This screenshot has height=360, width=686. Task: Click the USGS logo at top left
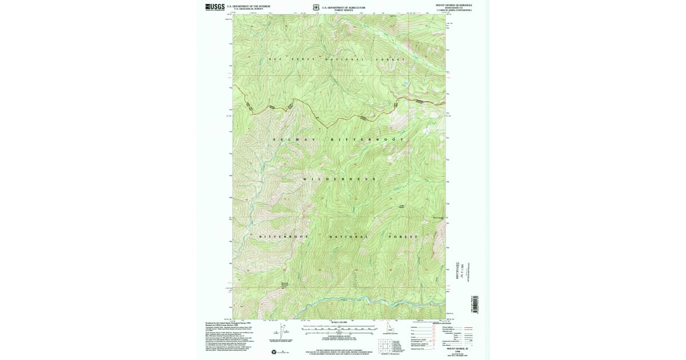click(x=215, y=7)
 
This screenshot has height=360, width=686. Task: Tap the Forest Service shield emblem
click(x=316, y=7)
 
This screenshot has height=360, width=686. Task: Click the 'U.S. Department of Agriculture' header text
click(x=344, y=7)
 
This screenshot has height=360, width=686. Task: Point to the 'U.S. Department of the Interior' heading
click(x=248, y=6)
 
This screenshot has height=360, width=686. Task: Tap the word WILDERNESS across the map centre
click(x=339, y=179)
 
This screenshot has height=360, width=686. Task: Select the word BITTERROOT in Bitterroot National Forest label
click(x=284, y=237)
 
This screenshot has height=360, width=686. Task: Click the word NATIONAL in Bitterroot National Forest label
click(x=349, y=237)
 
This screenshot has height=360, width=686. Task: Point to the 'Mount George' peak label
click(x=438, y=218)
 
